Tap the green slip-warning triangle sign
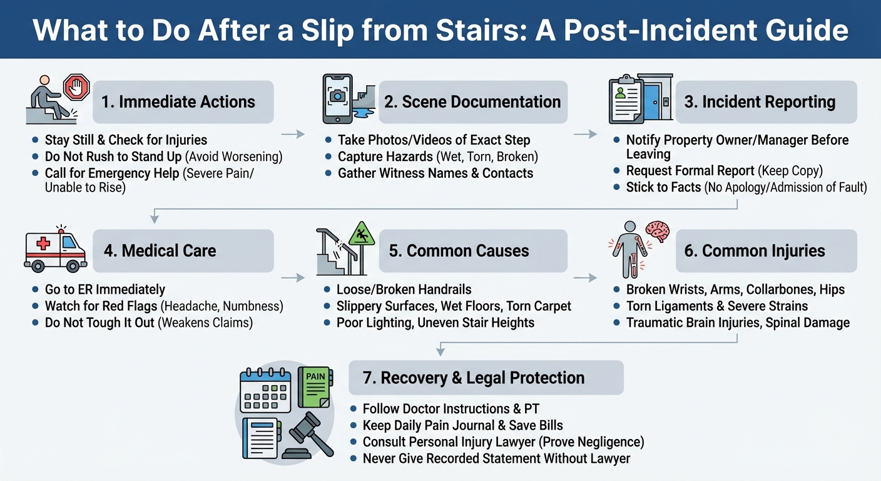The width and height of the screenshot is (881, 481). pos(360,235)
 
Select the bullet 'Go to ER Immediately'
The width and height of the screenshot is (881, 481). pos(104,289)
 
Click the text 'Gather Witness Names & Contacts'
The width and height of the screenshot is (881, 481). pos(435,173)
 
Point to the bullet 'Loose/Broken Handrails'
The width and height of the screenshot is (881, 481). pos(404,289)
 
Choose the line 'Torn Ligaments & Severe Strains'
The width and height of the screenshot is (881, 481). pos(716,306)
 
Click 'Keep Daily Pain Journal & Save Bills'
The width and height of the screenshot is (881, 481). pos(462,425)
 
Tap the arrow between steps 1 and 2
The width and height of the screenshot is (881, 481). pos(292,133)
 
